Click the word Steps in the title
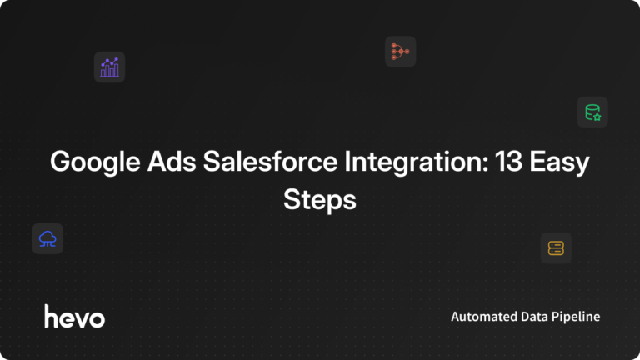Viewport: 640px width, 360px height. click(320, 201)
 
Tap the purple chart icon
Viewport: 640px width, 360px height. click(109, 67)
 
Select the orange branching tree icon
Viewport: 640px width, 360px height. click(400, 52)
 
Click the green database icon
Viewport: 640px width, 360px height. click(592, 112)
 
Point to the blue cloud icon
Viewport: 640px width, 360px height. click(47, 239)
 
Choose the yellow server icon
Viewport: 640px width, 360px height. click(556, 247)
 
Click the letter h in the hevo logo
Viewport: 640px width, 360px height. click(51, 316)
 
